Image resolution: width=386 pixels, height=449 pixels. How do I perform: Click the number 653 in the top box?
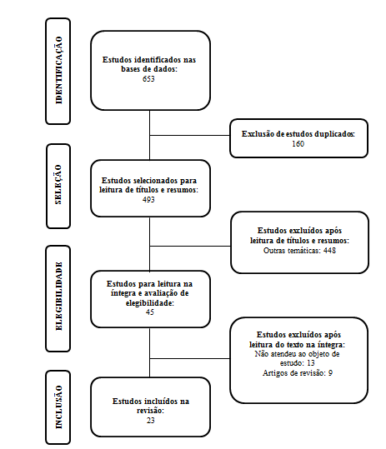[x=148, y=79]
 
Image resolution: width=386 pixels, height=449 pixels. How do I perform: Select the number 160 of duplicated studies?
[x=298, y=144]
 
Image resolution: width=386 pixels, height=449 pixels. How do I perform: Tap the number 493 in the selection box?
[x=148, y=200]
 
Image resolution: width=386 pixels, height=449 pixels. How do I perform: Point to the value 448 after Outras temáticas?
[x=329, y=251]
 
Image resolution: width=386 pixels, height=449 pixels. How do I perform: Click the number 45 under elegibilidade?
[x=150, y=312]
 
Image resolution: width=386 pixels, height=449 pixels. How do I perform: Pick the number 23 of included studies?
[x=150, y=421]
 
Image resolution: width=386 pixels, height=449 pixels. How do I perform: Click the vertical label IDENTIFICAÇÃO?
[x=58, y=70]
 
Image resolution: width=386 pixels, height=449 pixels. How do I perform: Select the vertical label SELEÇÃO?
[x=58, y=184]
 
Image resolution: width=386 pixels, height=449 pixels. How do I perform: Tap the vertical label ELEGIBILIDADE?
[x=58, y=296]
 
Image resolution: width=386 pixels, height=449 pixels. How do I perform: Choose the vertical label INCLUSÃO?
[x=58, y=407]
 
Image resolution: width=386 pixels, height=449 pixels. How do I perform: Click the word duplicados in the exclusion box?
[x=334, y=134]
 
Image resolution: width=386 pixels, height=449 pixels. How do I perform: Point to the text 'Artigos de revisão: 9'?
[x=298, y=373]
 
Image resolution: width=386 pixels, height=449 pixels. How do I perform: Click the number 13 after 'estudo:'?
[x=311, y=363]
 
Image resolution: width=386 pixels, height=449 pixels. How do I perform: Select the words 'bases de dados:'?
[x=149, y=69]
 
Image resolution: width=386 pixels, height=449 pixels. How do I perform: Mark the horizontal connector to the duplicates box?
[x=190, y=135]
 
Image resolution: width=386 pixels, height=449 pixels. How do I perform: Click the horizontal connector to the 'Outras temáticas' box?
[x=190, y=246]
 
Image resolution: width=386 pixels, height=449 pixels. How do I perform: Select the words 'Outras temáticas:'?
[x=292, y=251]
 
